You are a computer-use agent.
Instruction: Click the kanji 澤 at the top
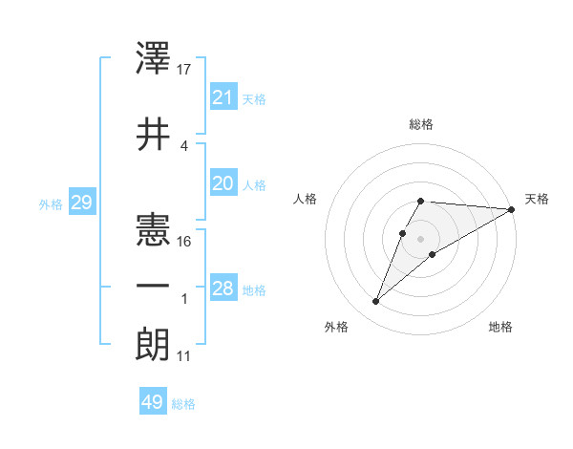tap(154, 58)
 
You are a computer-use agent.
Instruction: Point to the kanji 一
tap(154, 286)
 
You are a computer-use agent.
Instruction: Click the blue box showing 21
tap(223, 96)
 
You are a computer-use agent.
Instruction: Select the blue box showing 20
tap(223, 184)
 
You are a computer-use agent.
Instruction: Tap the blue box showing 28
tap(223, 289)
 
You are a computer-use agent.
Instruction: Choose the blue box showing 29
tap(81, 203)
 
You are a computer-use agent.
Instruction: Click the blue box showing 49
tap(153, 402)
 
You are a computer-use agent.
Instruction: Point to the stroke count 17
tap(185, 69)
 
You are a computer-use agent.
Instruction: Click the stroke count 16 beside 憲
tap(185, 241)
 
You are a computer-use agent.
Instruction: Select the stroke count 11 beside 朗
tap(185, 357)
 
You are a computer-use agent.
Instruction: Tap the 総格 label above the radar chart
tap(421, 124)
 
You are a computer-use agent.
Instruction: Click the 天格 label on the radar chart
tap(537, 199)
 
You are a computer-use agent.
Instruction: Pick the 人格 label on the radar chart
tap(306, 199)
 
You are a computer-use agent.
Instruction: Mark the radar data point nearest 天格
tap(512, 209)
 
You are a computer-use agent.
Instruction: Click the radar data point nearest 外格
tap(375, 302)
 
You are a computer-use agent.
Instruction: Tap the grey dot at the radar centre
tap(421, 238)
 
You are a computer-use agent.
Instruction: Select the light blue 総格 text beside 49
tap(183, 404)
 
